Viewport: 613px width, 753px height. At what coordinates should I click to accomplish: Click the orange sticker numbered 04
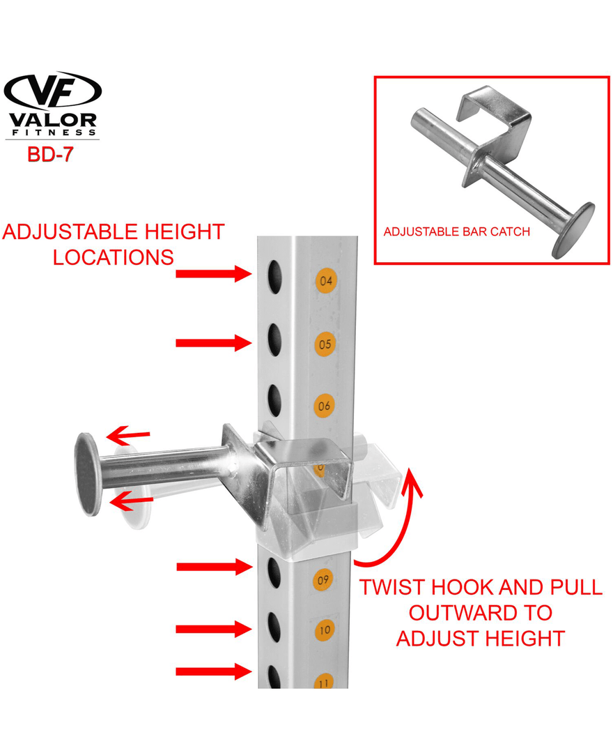(326, 280)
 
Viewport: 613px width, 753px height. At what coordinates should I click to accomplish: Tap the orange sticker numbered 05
(325, 344)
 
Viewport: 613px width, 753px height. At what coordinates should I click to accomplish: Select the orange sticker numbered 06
(324, 406)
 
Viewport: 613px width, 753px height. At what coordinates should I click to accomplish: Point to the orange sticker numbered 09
(323, 579)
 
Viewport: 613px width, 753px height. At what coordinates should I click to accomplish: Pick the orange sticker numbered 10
(325, 630)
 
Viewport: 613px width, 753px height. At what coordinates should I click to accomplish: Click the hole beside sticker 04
(275, 277)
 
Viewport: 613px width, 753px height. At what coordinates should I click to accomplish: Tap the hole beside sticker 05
(274, 340)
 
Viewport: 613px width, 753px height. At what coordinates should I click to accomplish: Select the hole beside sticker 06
(274, 400)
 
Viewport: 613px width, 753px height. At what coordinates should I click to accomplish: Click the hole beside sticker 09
(274, 572)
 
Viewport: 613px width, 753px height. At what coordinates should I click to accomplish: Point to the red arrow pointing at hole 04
(213, 273)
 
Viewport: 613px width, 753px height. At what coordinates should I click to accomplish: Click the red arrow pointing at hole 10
(213, 629)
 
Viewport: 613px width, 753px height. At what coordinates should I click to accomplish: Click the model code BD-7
(50, 154)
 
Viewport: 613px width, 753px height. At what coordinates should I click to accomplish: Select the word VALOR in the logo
(53, 120)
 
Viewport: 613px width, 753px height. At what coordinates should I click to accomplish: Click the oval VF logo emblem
(52, 90)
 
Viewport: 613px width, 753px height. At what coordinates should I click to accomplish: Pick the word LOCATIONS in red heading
(114, 257)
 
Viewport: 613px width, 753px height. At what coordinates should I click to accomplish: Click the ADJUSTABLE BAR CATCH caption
(457, 231)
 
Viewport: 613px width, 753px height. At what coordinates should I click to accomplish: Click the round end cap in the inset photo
(573, 231)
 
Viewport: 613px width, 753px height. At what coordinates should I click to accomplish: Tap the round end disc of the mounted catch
(87, 475)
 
